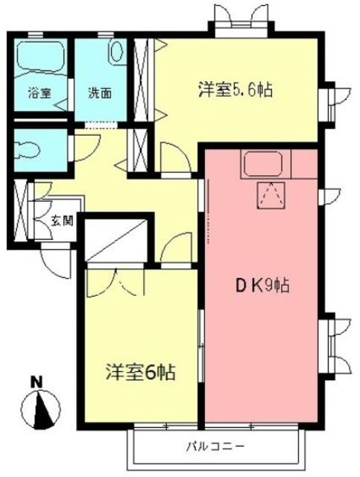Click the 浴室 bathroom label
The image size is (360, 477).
[40, 92]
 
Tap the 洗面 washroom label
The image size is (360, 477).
[100, 92]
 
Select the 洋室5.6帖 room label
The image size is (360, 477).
[236, 89]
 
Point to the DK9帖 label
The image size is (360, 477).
[262, 285]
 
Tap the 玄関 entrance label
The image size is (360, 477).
[62, 221]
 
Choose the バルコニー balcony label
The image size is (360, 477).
[215, 446]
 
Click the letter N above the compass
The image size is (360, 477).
[37, 382]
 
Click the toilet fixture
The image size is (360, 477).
[28, 150]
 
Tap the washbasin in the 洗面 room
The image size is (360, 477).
[117, 51]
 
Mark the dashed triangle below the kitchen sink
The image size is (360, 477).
[271, 195]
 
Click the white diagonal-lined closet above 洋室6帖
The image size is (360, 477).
[115, 240]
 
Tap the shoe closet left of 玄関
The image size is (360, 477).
[21, 210]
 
